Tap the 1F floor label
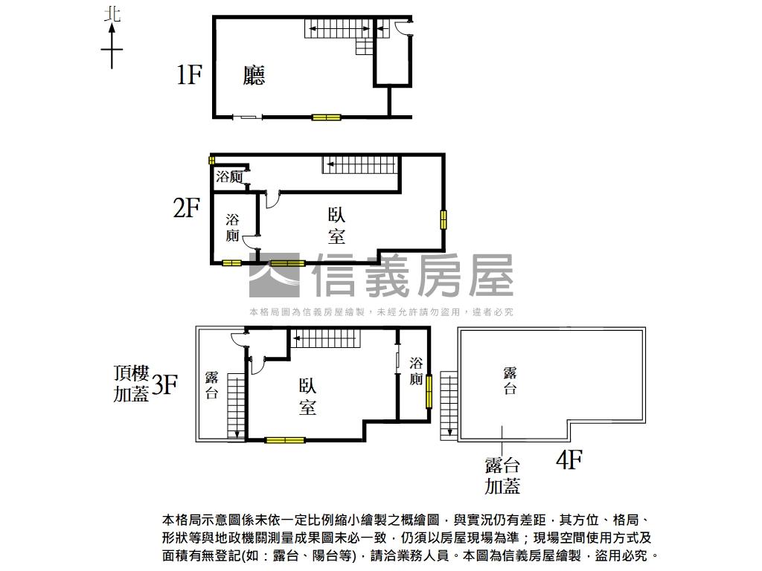tap(189, 74)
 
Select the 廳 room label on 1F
tap(254, 75)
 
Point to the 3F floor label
tap(164, 384)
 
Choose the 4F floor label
tap(569, 461)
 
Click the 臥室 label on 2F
tap(336, 225)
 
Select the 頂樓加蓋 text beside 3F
tap(131, 384)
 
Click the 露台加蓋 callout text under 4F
tap(502, 476)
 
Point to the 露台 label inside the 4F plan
tap(510, 380)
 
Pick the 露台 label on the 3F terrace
tap(211, 384)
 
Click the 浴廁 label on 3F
tap(416, 372)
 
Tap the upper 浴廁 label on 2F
tap(229, 177)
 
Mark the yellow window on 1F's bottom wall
tap(326, 117)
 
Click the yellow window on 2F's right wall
tap(444, 219)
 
